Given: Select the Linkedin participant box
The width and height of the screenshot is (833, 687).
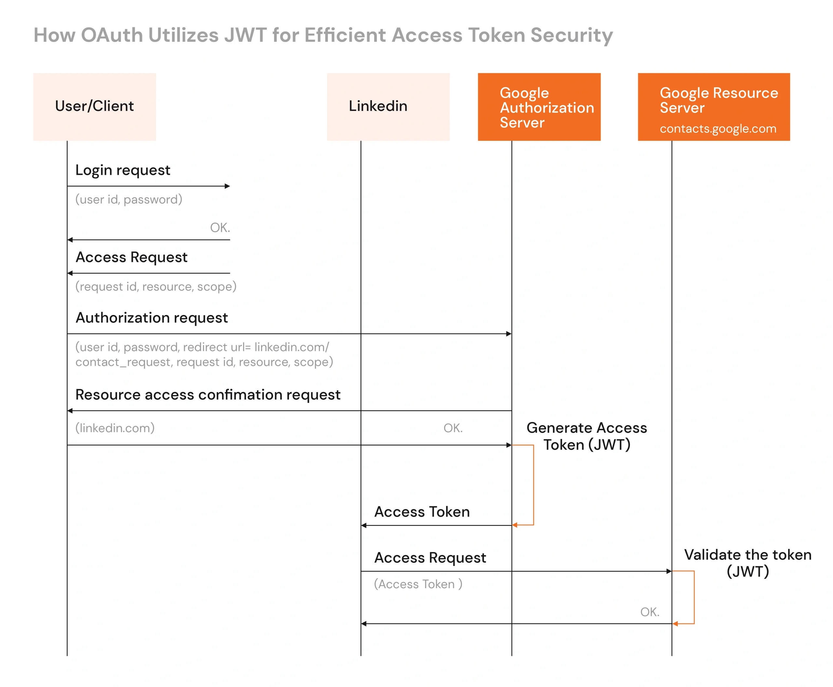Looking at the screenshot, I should [x=388, y=106].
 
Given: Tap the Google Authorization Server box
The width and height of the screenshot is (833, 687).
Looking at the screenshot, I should [x=539, y=106].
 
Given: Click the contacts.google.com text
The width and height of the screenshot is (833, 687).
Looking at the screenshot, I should [x=717, y=129].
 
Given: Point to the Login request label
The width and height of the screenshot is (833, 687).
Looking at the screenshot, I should [x=123, y=170].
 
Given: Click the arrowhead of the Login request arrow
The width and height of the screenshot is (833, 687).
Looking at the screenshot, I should [x=227, y=186].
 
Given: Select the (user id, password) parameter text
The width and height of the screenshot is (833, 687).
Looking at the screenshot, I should [x=129, y=199].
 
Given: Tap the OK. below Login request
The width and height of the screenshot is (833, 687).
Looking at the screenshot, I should [x=220, y=227].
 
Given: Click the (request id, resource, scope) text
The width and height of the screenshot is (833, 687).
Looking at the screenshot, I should [x=156, y=286].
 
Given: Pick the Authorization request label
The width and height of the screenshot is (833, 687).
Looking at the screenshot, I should [x=152, y=318].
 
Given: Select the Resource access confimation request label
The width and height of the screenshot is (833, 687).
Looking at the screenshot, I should [x=208, y=394].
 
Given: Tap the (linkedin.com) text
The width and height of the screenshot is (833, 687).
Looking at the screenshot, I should [x=115, y=428].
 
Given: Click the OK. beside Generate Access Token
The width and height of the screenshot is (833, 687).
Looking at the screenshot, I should [x=453, y=428].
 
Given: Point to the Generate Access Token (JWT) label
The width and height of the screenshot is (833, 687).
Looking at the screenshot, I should [x=586, y=436].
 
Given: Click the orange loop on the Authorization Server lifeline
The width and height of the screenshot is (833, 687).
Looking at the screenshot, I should [x=533, y=485].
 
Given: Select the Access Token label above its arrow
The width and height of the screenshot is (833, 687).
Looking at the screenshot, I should [x=422, y=512].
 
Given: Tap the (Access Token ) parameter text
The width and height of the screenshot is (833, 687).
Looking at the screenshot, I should [x=418, y=584].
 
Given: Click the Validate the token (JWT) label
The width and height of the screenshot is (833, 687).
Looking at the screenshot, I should [x=747, y=563].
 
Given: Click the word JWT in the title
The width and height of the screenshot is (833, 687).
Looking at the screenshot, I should [x=245, y=35].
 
